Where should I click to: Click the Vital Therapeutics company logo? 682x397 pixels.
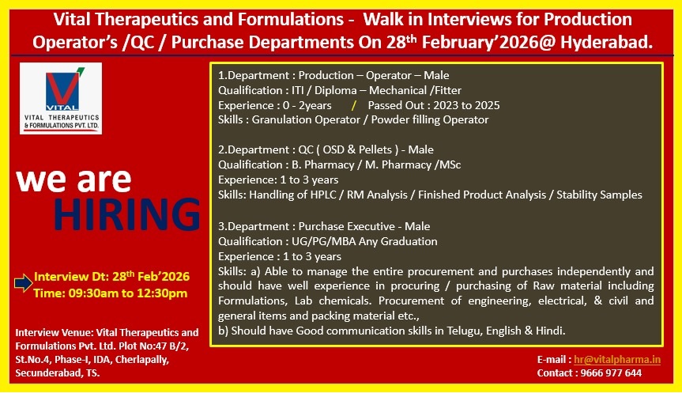tap(61, 98)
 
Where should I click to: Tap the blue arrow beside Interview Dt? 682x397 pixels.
tap(23, 283)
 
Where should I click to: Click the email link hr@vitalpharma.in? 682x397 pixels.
tap(617, 360)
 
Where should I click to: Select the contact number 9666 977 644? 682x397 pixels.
tap(611, 373)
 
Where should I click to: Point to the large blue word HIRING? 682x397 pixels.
tap(127, 214)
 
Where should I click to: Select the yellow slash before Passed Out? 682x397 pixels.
tap(353, 105)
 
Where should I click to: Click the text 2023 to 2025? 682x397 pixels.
tap(466, 105)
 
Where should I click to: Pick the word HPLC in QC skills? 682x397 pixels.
tap(323, 195)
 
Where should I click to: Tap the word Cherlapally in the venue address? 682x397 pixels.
tap(141, 360)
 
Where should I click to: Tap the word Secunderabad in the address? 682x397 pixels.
tap(47, 373)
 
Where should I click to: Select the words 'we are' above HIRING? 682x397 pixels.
tap(73, 180)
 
